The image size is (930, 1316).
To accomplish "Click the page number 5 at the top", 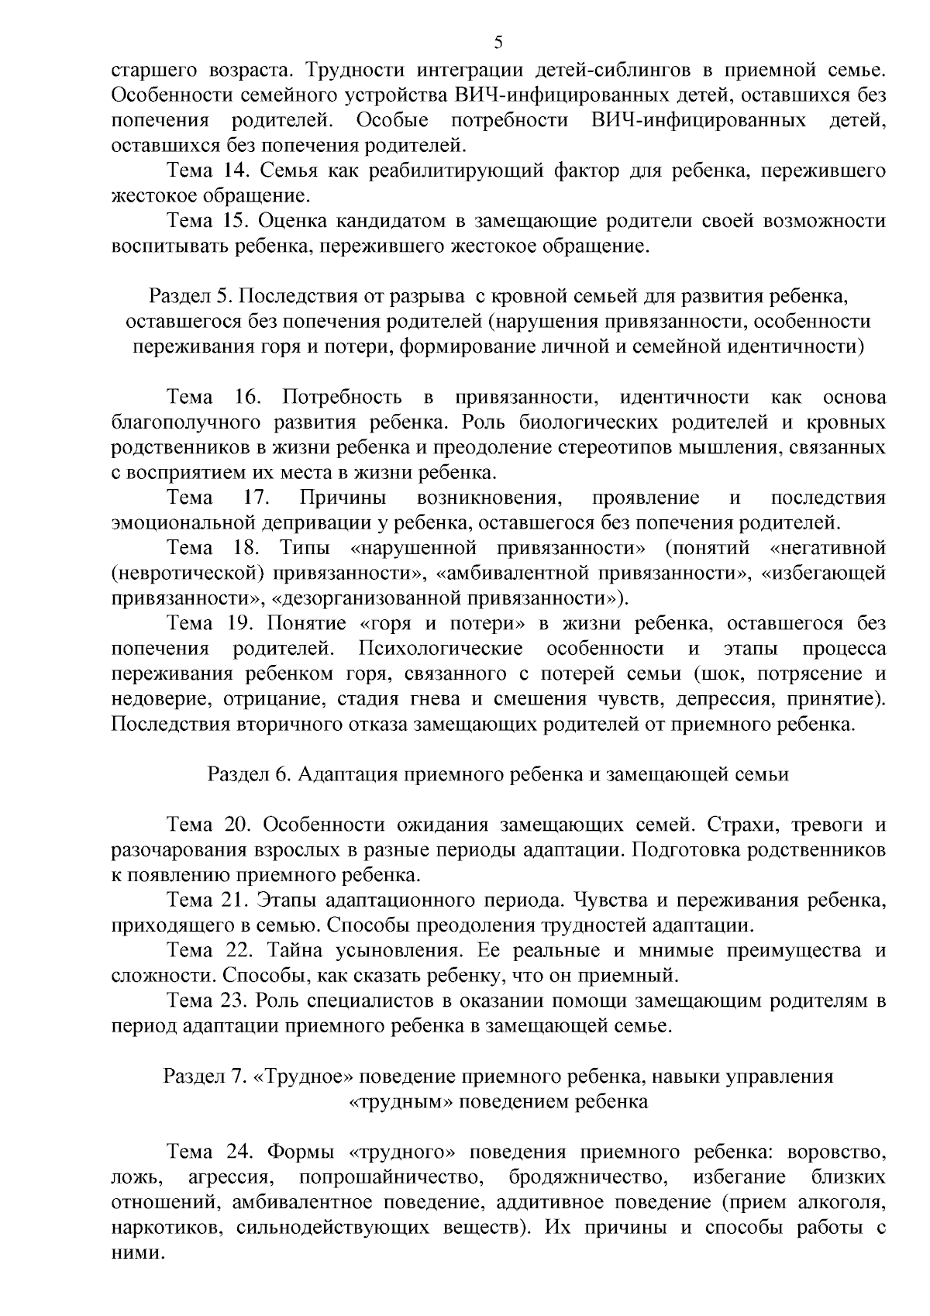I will (498, 42).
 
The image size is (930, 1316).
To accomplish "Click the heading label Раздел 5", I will (189, 296).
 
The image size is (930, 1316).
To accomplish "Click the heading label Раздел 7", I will (205, 1077).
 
